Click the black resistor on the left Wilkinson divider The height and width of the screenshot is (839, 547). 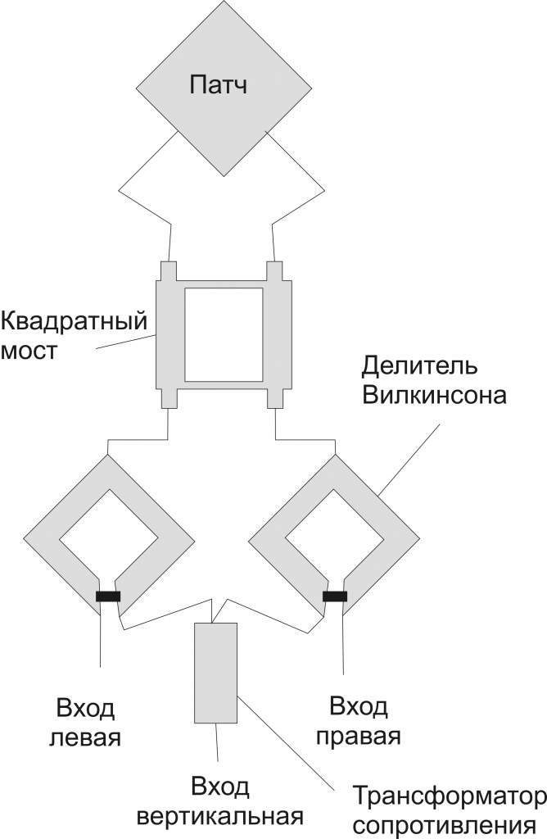[108, 596]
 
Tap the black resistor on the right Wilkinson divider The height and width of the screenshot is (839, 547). [335, 596]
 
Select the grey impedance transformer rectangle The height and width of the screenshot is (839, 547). [215, 671]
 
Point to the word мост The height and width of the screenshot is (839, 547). [29, 351]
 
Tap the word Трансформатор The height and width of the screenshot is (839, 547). [448, 796]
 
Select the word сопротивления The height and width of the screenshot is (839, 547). [448, 824]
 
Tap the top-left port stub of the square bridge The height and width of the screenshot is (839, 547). [168, 270]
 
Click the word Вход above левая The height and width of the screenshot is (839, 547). [85, 708]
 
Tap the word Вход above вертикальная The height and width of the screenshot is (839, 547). [219, 788]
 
